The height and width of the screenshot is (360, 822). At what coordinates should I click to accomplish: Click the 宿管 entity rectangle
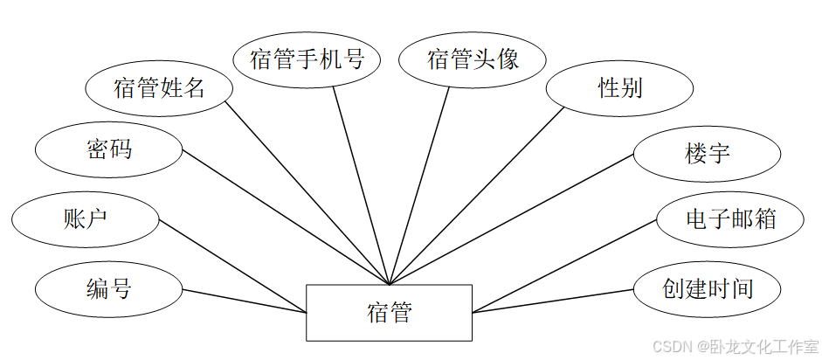[x=389, y=312]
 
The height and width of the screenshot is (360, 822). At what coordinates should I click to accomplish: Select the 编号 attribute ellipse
[x=108, y=287]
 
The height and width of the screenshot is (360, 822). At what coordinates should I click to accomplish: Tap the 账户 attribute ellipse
[x=86, y=217]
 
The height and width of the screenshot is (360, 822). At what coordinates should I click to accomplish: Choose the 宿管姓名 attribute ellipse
[x=159, y=87]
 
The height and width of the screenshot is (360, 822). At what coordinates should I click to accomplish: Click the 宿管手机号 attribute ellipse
[x=307, y=60]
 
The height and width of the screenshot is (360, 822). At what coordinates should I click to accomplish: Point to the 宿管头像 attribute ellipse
[x=473, y=60]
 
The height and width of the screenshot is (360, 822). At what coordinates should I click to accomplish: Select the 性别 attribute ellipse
[x=619, y=87]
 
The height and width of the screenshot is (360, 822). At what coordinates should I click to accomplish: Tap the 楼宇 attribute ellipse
[x=707, y=155]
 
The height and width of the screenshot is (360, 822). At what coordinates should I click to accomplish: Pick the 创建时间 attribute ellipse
[x=707, y=288]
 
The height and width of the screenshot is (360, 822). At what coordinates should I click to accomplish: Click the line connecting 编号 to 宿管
[x=245, y=301]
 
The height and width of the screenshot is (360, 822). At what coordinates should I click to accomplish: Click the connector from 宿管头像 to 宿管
[x=420, y=183]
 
